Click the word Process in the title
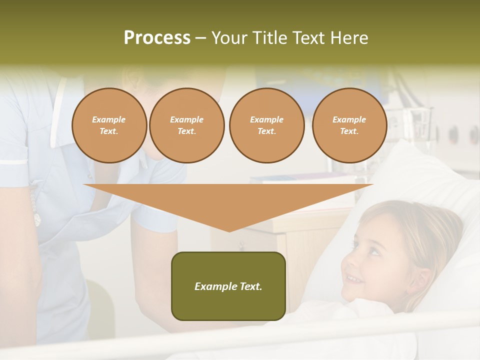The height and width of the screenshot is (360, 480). (157, 38)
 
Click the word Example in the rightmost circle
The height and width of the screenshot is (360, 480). (349, 119)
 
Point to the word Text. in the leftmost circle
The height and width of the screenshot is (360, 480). (109, 131)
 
